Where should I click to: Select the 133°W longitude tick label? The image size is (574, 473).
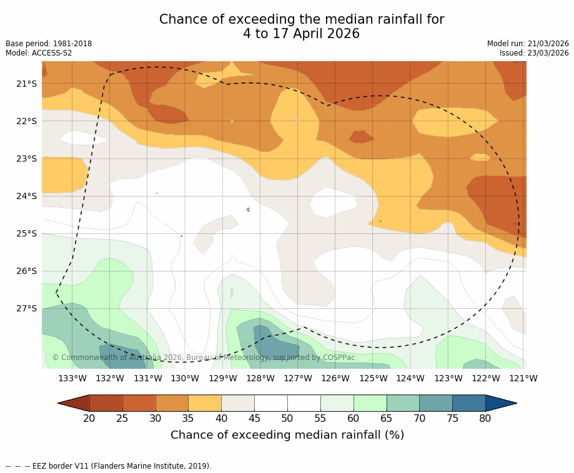coord(72,378)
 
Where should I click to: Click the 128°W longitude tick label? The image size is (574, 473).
coord(260,378)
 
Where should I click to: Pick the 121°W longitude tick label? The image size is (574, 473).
coord(523,378)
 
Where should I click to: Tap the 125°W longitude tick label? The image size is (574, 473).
coord(373,378)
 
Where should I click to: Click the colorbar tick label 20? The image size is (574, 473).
coord(89,418)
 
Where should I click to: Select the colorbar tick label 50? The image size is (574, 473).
coord(287,418)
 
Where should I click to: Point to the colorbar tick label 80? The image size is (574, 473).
coord(485,418)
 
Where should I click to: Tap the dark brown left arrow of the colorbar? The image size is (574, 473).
coord(74,403)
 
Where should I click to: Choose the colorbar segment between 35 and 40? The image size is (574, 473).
coord(205,403)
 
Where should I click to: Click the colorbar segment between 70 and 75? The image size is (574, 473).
coord(435,403)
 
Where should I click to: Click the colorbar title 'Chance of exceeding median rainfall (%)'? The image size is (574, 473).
coord(287,435)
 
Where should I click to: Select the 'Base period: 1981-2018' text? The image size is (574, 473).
coord(49,44)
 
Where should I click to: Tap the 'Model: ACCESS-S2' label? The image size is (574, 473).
coord(39,53)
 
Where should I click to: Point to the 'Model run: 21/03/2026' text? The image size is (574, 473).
coord(528,44)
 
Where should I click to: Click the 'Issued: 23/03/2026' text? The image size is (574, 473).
coord(534,53)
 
